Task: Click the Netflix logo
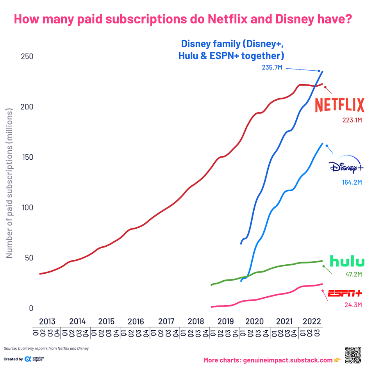pyautogui.click(x=339, y=105)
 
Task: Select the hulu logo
pyautogui.click(x=347, y=261)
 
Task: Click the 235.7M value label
pyautogui.click(x=272, y=68)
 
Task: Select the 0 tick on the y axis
pyautogui.click(x=31, y=308)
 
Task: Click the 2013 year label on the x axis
pyautogui.click(x=47, y=322)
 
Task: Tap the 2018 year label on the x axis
pyautogui.click(x=196, y=322)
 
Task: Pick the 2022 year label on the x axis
pyautogui.click(x=311, y=322)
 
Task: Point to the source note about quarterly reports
pyautogui.click(x=46, y=348)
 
